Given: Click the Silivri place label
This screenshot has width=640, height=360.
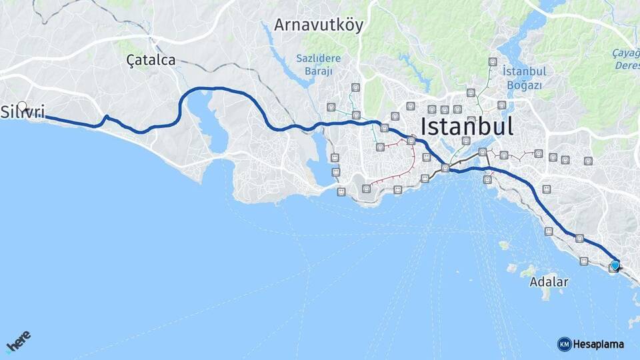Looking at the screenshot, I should pyautogui.click(x=23, y=113).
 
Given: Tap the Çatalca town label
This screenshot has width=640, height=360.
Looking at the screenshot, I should pyautogui.click(x=151, y=61).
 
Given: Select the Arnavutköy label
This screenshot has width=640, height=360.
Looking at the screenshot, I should pyautogui.click(x=319, y=26).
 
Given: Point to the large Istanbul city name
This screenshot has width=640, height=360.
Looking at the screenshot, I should pyautogui.click(x=467, y=127).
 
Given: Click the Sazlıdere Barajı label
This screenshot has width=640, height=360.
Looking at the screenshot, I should pyautogui.click(x=318, y=64).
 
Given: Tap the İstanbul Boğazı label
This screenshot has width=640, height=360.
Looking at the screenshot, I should pyautogui.click(x=525, y=78).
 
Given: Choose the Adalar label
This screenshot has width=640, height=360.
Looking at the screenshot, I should pyautogui.click(x=549, y=282).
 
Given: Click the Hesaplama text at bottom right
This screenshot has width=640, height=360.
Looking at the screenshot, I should pyautogui.click(x=598, y=344).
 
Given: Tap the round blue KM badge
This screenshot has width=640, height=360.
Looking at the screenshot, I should pyautogui.click(x=564, y=344).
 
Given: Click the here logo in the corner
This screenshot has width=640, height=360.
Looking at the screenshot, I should pyautogui.click(x=18, y=341).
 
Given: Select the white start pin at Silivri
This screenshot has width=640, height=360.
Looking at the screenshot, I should pyautogui.click(x=23, y=106).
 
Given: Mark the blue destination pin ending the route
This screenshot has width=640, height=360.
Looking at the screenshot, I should pyautogui.click(x=615, y=265).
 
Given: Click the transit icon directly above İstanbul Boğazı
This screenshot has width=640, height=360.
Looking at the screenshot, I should pyautogui.click(x=493, y=61).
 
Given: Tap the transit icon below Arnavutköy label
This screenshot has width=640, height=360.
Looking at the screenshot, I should pyautogui.click(x=356, y=87).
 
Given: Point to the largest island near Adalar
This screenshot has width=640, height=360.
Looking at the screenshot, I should pyautogui.click(x=528, y=272).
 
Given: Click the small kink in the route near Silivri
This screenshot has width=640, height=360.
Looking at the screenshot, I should pyautogui.click(x=105, y=119).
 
